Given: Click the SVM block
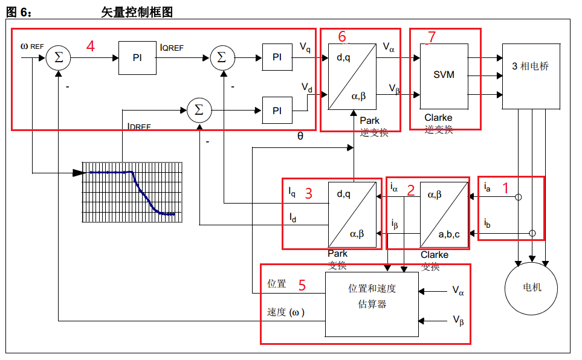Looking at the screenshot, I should pos(444,76).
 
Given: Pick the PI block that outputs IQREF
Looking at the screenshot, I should pos(137,58).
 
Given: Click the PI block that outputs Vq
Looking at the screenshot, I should pos(277,57).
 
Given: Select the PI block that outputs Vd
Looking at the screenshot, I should pos(277,111).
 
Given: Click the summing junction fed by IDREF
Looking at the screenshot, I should pos(198,111).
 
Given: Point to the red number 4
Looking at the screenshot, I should pos(90,46).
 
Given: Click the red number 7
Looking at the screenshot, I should pos(431,37).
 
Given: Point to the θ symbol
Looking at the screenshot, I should pos(300,137).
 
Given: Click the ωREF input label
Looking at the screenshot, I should pos(31,46).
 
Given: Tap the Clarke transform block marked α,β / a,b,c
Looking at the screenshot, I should pos(444,214).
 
